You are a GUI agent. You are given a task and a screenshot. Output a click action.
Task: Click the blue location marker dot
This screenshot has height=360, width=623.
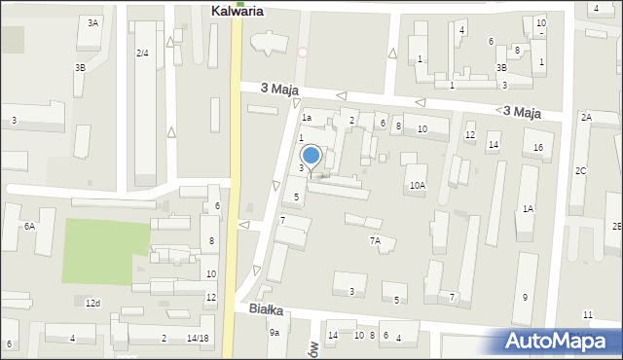click(311, 155)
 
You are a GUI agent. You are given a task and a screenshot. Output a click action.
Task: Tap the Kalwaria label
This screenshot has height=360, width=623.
click(239, 12)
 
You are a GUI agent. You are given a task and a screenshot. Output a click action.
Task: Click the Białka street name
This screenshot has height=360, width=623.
click(265, 309)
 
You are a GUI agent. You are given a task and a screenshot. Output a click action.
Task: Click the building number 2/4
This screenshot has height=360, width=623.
click(142, 53)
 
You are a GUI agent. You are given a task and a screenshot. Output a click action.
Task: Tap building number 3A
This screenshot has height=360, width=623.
click(92, 22)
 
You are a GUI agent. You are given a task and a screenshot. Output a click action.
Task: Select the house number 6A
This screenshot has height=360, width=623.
click(30, 226)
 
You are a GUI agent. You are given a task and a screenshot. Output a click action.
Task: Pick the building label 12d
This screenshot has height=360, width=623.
click(92, 304)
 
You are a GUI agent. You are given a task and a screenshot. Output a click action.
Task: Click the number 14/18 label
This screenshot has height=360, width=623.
click(198, 338)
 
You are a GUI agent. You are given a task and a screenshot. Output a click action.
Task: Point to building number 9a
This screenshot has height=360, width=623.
click(275, 333)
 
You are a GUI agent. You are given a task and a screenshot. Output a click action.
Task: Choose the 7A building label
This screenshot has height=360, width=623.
click(375, 240)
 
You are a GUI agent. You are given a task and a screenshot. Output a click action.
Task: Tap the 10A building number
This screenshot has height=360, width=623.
click(417, 185)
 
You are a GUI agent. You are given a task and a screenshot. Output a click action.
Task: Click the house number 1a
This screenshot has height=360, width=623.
click(307, 118)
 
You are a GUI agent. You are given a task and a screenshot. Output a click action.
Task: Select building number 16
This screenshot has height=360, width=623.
click(537, 147)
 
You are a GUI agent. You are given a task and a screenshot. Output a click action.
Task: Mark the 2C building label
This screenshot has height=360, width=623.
click(580, 171)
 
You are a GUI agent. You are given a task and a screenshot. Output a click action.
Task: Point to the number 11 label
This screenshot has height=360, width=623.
click(587, 314)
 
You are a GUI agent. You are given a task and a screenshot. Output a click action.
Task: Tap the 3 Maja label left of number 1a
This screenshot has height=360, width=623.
click(279, 89)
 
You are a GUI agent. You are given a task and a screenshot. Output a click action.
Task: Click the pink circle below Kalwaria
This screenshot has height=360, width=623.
click(303, 53)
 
